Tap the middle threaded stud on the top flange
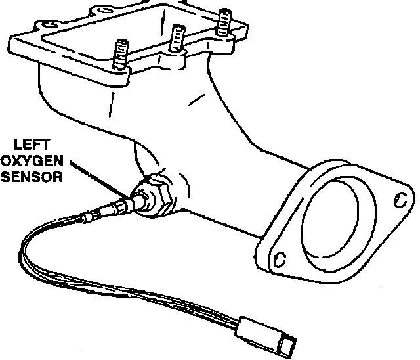(x=175, y=38)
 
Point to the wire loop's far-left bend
(x=24, y=250)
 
